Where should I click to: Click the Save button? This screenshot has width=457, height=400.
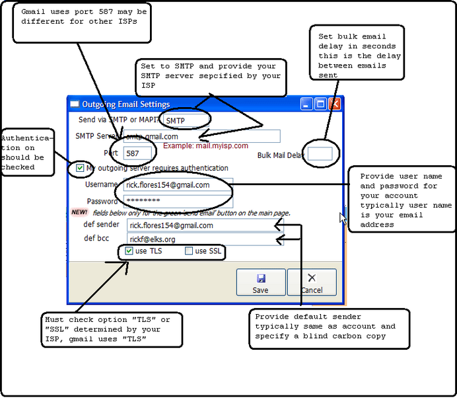[x=260, y=282]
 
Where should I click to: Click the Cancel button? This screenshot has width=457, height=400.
[x=312, y=282]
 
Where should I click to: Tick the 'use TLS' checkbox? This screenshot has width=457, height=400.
[x=129, y=251]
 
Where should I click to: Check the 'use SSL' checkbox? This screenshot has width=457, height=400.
[x=189, y=251]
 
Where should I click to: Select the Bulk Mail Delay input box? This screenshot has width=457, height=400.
[x=320, y=154]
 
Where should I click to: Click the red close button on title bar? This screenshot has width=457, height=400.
[x=334, y=104]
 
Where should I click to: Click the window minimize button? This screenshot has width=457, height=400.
[x=306, y=104]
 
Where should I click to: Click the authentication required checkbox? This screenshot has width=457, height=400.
[x=81, y=169]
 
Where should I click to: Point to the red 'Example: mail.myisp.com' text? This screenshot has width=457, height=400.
[x=205, y=145]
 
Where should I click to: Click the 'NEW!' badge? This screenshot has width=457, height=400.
[x=79, y=212]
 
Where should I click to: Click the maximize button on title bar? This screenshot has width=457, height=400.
[x=320, y=104]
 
